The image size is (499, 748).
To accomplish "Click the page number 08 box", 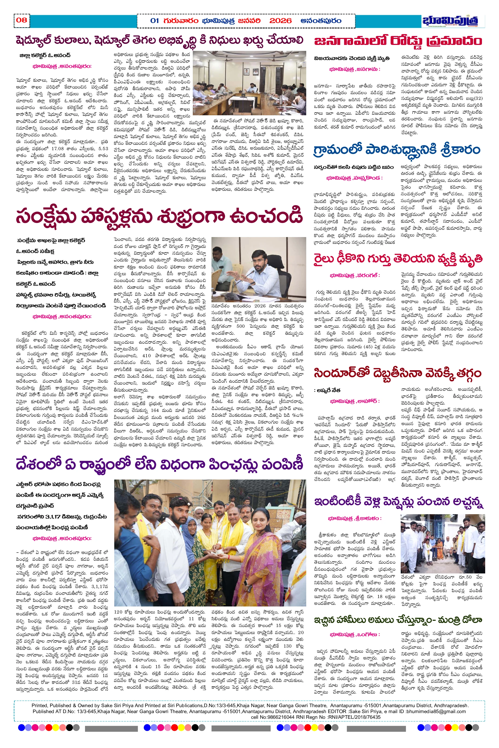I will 22,20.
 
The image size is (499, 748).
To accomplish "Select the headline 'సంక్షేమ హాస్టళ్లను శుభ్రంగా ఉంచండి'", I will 159,216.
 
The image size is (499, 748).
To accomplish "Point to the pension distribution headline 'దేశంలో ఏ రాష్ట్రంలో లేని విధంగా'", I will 159,465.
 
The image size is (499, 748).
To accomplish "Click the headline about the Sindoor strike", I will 398,373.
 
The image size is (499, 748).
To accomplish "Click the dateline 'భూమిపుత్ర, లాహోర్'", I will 355,401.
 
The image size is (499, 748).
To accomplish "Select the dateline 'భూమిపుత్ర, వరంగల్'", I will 355,275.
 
